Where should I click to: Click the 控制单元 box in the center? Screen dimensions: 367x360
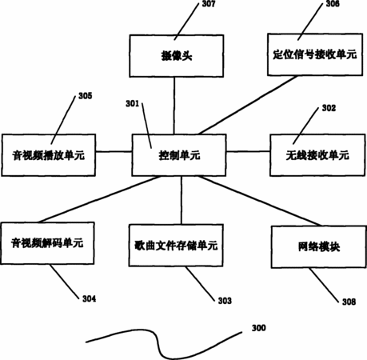point(179,155)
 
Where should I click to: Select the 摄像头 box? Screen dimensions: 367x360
point(177,56)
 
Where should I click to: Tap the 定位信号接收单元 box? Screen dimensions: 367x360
point(315,54)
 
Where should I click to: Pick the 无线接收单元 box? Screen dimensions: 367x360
point(317,155)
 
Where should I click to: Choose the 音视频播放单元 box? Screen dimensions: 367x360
point(49,155)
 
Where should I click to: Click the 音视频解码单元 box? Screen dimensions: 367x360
point(47,243)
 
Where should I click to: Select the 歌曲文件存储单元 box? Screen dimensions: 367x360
point(176,246)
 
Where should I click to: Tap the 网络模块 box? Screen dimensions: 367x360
point(319,246)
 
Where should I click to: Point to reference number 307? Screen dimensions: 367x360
point(209,4)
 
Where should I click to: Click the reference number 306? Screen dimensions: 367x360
point(333,4)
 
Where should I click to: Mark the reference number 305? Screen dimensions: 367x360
point(86,96)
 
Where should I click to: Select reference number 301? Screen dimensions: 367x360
point(133,103)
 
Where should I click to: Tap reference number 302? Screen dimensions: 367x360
point(329,108)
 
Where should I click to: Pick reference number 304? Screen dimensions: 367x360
point(89,298)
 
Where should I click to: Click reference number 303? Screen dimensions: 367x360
point(225,301)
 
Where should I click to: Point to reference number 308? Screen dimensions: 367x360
point(349,302)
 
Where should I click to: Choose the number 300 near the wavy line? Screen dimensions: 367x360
point(259,328)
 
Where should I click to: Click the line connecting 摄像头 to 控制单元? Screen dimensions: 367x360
point(174,106)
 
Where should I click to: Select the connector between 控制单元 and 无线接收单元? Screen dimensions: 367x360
point(248,151)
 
